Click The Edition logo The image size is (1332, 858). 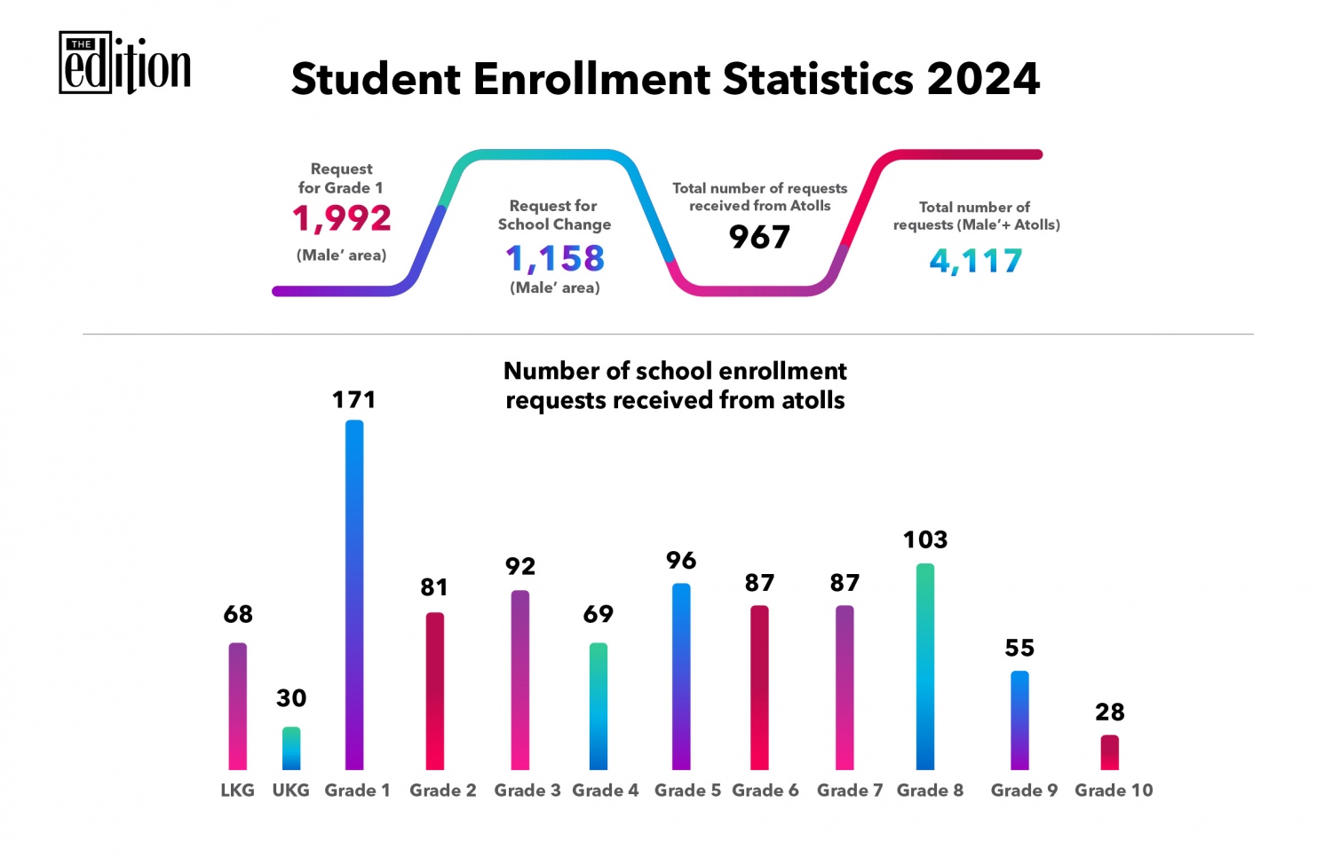click(x=124, y=64)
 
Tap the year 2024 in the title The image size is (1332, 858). click(x=983, y=79)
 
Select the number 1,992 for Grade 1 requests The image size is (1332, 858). click(x=342, y=218)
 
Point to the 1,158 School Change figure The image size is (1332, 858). click(x=555, y=258)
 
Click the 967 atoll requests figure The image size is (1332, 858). click(x=759, y=237)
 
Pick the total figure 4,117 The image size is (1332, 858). click(x=976, y=261)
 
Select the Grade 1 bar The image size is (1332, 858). click(x=354, y=594)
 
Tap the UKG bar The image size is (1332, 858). click(x=291, y=748)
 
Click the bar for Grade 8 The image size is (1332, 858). click(x=925, y=666)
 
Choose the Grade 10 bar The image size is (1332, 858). click(x=1110, y=752)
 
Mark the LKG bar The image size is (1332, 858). click(x=238, y=706)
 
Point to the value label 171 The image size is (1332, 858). click(x=354, y=400)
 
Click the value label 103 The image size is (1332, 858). click(x=925, y=539)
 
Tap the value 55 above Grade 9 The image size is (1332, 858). click(x=1019, y=648)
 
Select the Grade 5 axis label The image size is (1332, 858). click(x=687, y=791)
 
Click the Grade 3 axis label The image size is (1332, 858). click(x=527, y=791)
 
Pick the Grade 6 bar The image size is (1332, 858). click(x=759, y=688)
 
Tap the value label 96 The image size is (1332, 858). click(x=681, y=561)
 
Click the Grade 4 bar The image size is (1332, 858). click(x=599, y=706)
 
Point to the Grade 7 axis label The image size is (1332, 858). click(x=850, y=791)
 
